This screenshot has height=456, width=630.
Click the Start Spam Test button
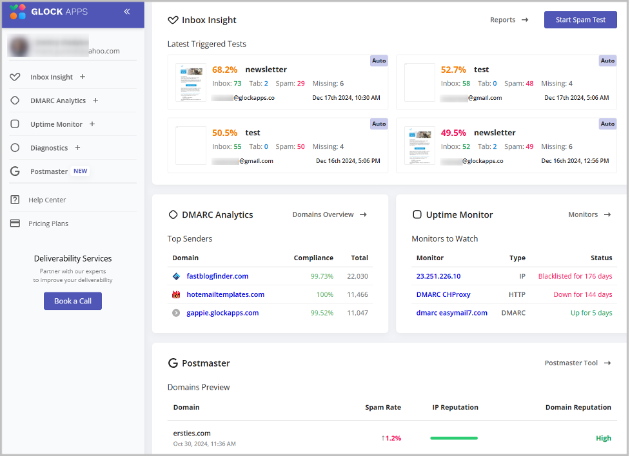click(x=580, y=20)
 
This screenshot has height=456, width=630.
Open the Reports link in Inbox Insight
click(x=509, y=20)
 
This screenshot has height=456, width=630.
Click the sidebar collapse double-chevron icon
click(x=127, y=12)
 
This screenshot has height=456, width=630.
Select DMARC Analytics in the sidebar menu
click(x=57, y=100)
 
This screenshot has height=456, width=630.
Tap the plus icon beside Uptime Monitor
click(x=92, y=124)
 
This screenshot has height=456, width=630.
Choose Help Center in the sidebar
click(x=47, y=200)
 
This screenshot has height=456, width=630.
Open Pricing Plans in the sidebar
click(x=48, y=223)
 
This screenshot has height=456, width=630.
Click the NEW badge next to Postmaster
click(x=80, y=171)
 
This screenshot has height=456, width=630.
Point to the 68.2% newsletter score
click(x=224, y=70)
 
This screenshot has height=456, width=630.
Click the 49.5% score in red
click(x=453, y=133)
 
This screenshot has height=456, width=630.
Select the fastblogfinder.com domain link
click(x=217, y=276)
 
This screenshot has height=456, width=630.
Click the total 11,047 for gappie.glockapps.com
click(x=358, y=313)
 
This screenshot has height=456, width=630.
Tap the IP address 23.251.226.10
click(x=438, y=276)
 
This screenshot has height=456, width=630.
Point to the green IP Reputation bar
click(x=454, y=438)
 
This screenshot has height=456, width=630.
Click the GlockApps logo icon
click(x=18, y=12)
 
